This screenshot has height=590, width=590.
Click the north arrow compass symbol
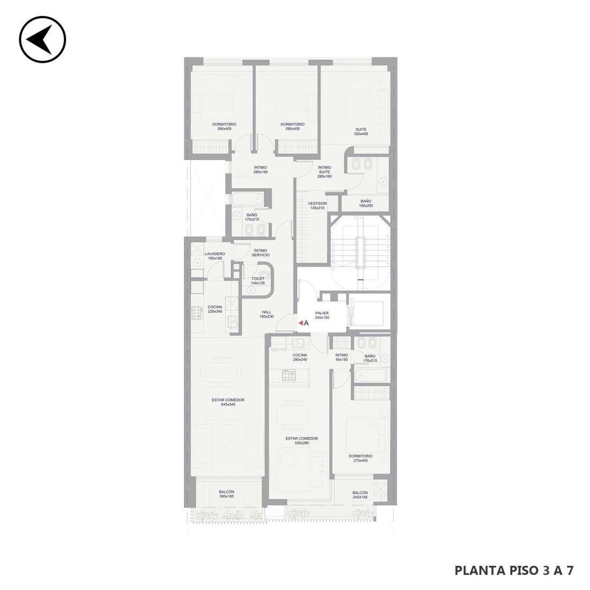point(42,39)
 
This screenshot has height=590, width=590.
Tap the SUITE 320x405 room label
point(361,132)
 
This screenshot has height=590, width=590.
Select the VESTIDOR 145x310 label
point(317,205)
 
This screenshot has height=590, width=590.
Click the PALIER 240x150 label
point(322,315)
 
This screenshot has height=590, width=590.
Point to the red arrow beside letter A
point(301,323)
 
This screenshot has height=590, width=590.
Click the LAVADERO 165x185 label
point(215,256)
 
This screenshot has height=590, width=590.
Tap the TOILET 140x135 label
point(258,281)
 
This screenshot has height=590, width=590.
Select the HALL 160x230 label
point(267,314)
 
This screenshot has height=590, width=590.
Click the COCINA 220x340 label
point(215,309)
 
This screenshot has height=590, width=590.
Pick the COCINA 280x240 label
point(300,357)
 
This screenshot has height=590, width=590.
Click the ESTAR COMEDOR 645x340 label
point(228,402)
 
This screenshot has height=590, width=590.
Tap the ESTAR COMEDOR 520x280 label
point(302,440)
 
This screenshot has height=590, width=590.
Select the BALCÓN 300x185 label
point(226,494)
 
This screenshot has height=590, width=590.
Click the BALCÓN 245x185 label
point(360,495)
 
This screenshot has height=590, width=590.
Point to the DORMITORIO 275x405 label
point(360,458)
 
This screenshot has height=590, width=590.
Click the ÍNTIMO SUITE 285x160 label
point(324,172)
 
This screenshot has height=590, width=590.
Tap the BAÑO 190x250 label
point(366,204)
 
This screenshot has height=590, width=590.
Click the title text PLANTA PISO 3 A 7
point(514,571)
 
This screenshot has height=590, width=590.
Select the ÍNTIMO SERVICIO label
point(261,253)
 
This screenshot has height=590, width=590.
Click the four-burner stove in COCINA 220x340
point(197,313)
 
